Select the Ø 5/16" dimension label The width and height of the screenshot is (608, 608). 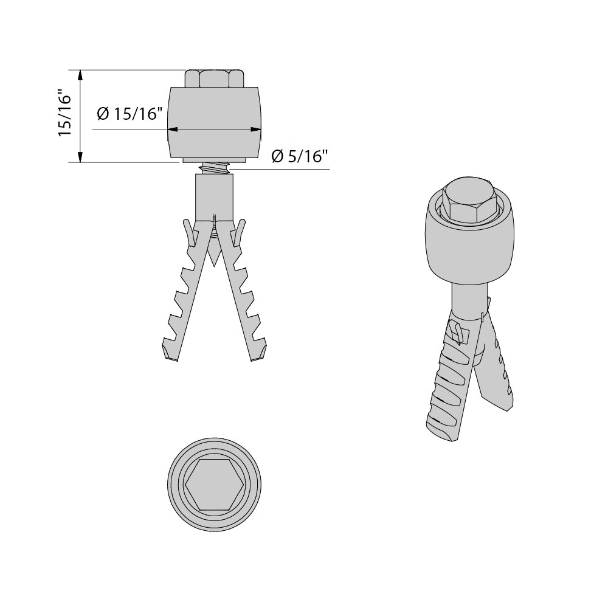pyautogui.click(x=300, y=156)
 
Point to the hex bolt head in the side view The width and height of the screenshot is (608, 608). pyautogui.click(x=215, y=78)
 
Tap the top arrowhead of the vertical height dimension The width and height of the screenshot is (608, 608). pyautogui.click(x=80, y=75)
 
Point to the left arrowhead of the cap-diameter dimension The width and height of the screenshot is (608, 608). pyautogui.click(x=173, y=130)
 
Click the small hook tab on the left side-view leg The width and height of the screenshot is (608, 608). pyautogui.click(x=188, y=230)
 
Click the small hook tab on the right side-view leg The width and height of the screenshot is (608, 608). pyautogui.click(x=241, y=230)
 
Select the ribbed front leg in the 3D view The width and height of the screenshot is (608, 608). pyautogui.click(x=447, y=389)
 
